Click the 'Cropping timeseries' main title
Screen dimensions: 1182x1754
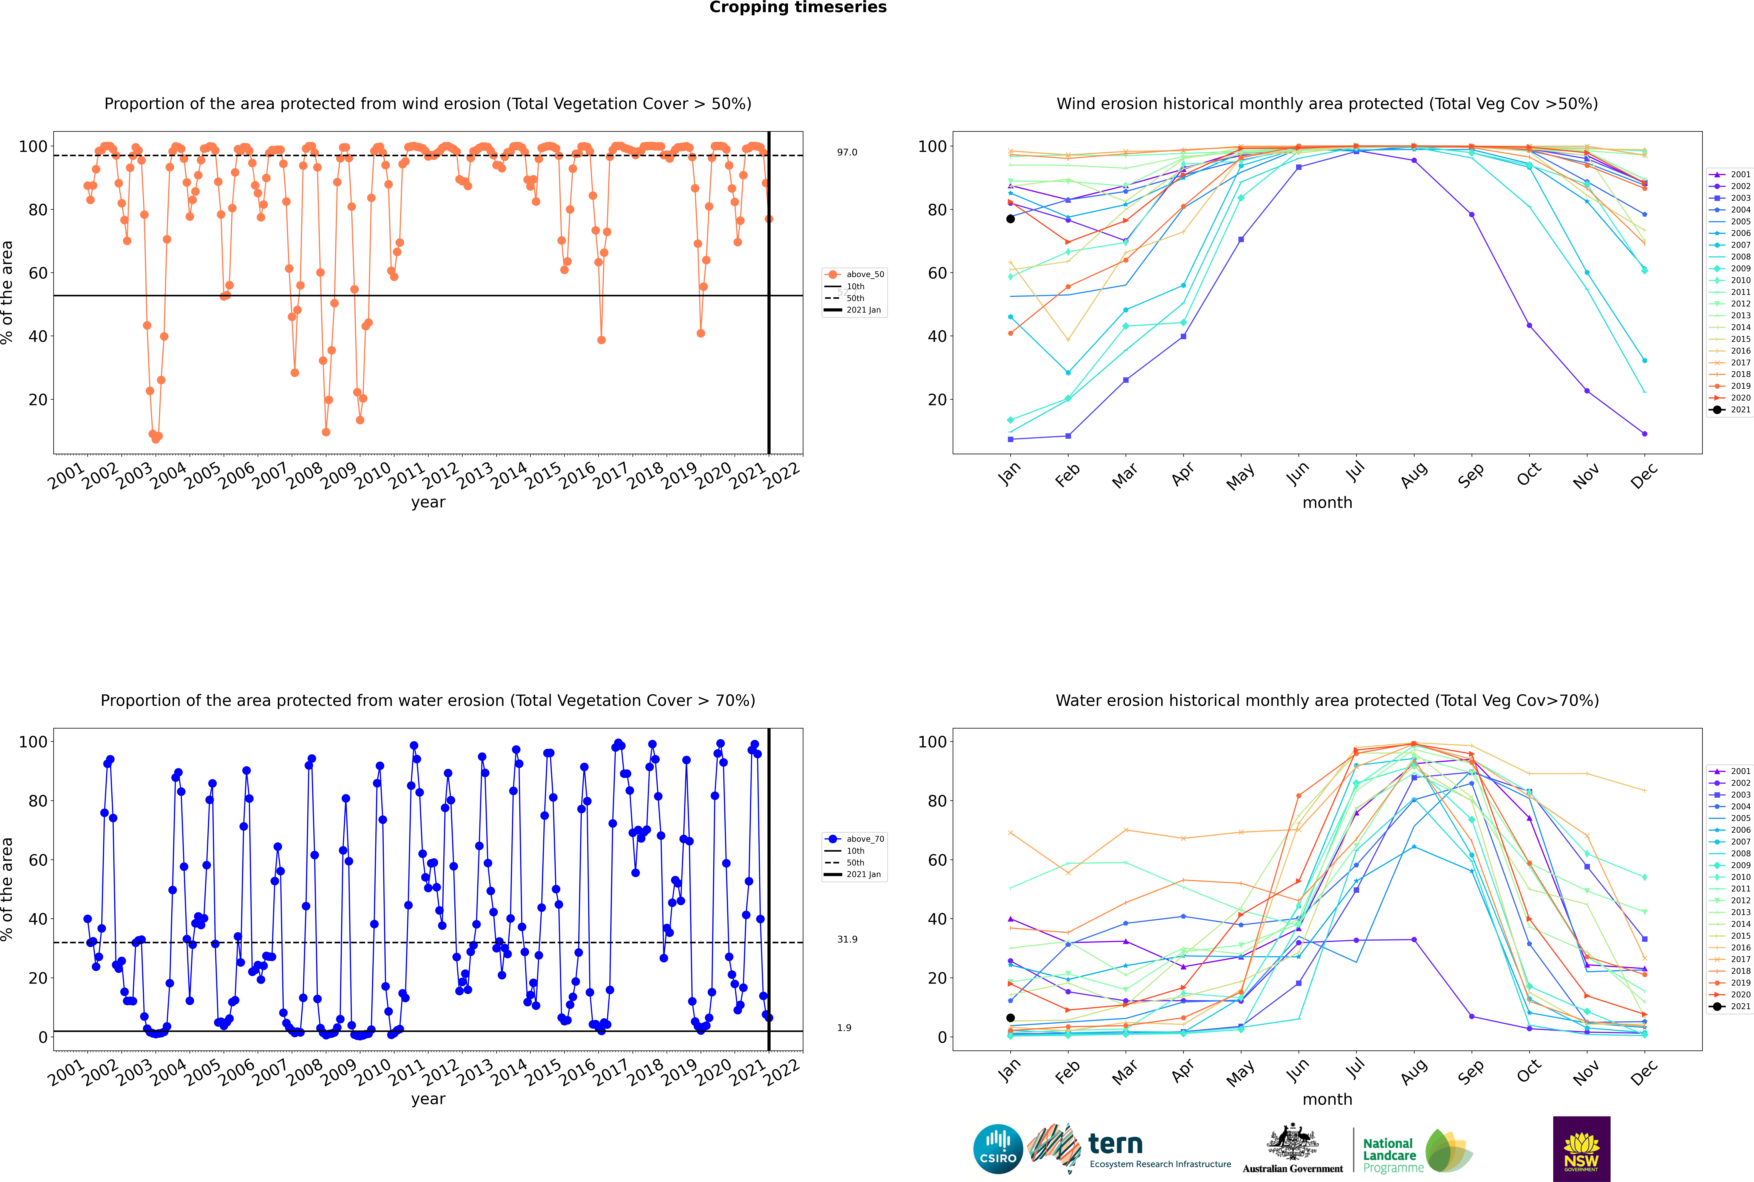click(x=798, y=7)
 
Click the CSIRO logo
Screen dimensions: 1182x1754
click(x=998, y=1149)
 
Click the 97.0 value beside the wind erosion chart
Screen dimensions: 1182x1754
click(x=847, y=152)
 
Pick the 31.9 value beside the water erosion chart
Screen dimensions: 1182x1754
click(x=847, y=939)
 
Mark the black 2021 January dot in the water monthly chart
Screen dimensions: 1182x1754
click(x=1011, y=1018)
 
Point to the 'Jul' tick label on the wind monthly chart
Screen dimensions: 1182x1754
click(x=1355, y=473)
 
